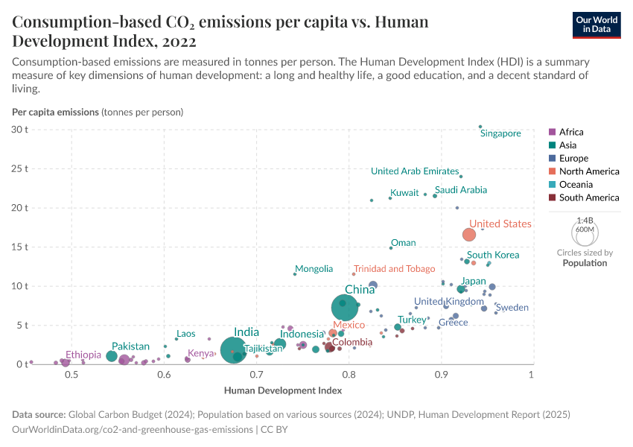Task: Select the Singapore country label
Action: point(500,133)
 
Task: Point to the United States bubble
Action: point(469,235)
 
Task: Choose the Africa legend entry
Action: point(571,132)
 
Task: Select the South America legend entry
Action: point(588,197)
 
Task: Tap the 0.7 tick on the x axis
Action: point(257,374)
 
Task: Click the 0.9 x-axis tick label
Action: point(441,374)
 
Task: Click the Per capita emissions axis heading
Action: point(55,112)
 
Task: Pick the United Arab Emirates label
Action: point(415,171)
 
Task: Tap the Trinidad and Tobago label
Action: point(394,269)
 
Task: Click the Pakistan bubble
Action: point(112,356)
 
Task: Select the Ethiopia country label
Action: point(88,355)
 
